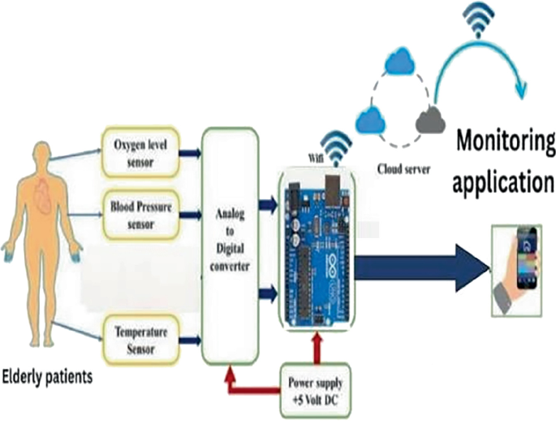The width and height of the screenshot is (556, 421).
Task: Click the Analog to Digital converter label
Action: click(x=228, y=241)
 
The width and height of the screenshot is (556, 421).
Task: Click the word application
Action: click(x=503, y=182)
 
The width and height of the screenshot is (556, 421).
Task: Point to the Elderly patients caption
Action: click(x=48, y=376)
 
